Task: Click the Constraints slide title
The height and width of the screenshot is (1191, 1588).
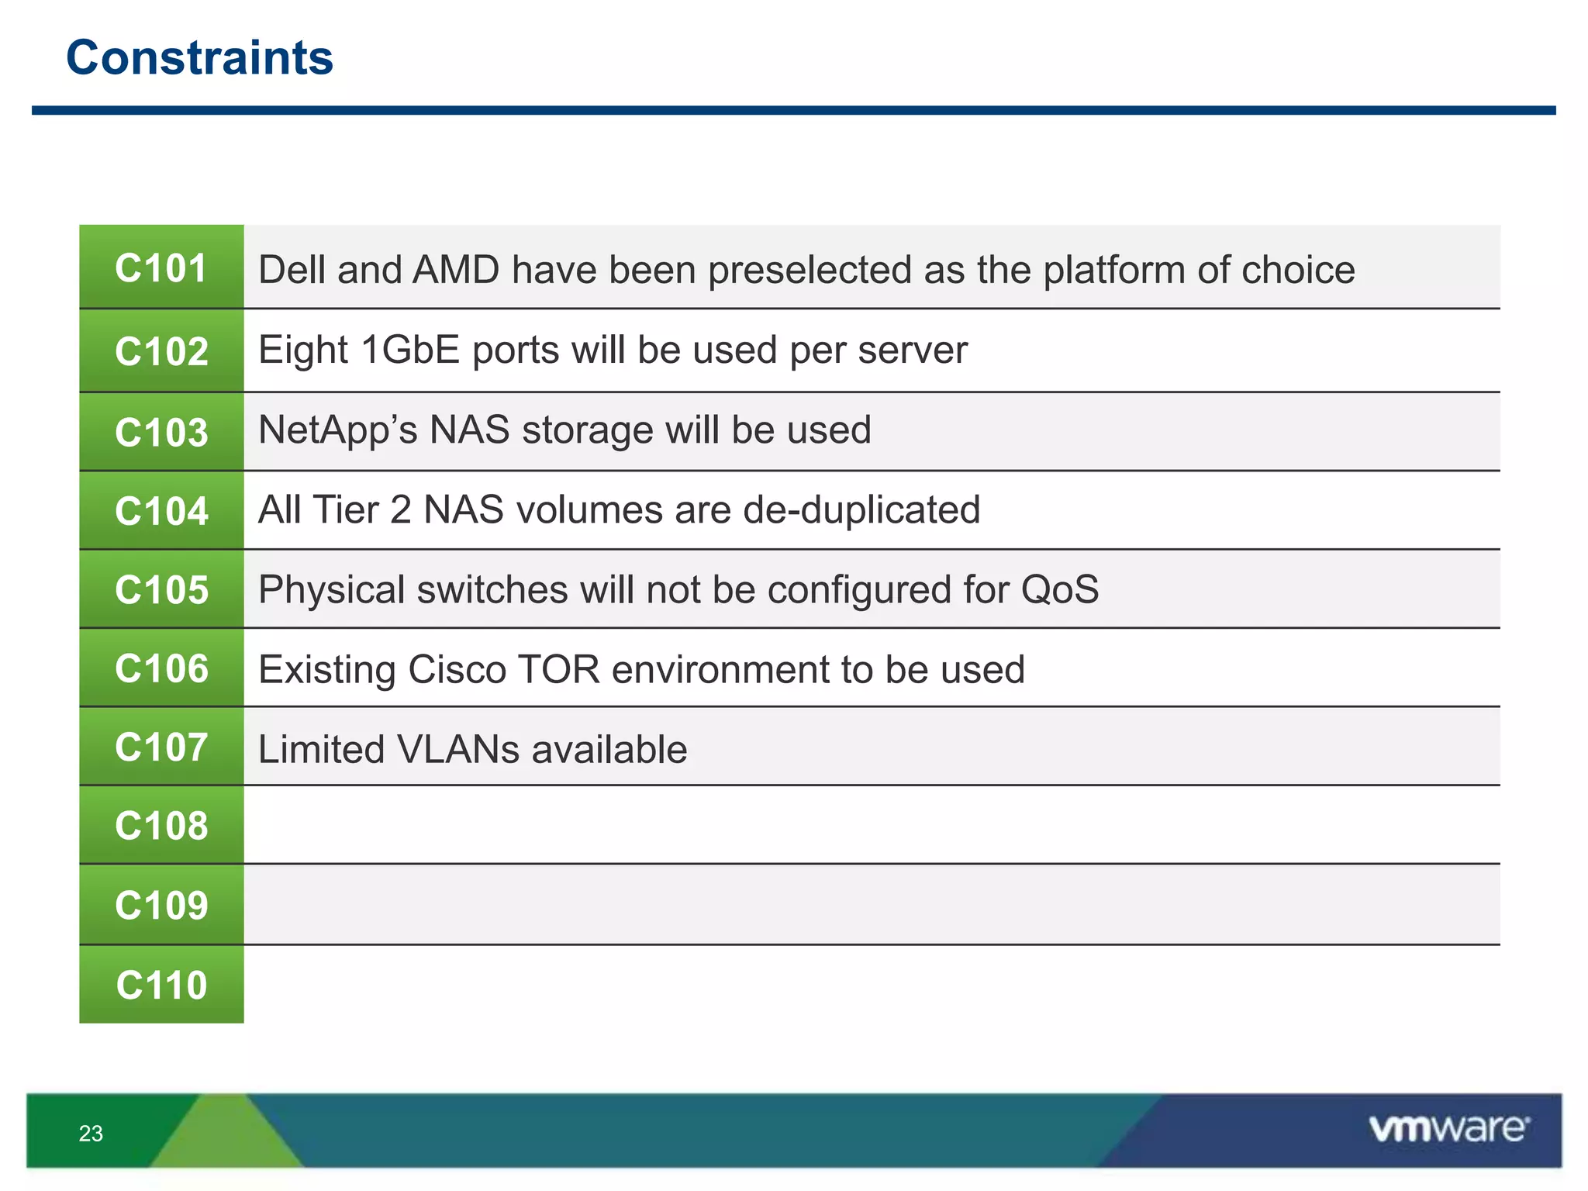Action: click(x=199, y=58)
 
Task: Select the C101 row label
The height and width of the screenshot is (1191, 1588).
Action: click(x=161, y=268)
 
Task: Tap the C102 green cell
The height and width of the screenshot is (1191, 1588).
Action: click(x=161, y=351)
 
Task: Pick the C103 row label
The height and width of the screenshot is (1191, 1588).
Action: click(x=161, y=432)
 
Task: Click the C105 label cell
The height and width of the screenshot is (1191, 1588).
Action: click(x=161, y=589)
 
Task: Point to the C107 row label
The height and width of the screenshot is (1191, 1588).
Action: click(x=161, y=747)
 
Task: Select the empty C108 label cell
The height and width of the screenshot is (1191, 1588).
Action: click(x=161, y=826)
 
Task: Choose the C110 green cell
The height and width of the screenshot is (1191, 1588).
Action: click(x=161, y=985)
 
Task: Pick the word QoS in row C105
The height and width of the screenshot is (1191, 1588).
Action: click(x=1059, y=589)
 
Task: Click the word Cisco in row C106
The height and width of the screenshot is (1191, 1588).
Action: click(x=457, y=669)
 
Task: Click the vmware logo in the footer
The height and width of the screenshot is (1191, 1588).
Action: click(x=1448, y=1128)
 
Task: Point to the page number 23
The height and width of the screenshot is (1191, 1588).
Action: click(x=91, y=1134)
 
